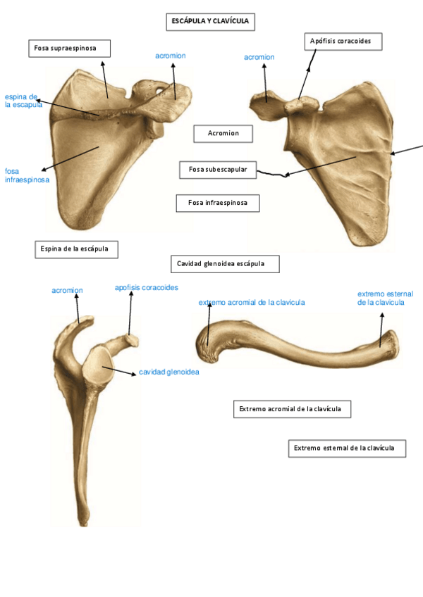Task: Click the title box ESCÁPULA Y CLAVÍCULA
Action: pyautogui.click(x=211, y=22)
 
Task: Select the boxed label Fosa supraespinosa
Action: pyautogui.click(x=70, y=48)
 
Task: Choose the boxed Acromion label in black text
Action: pyautogui.click(x=223, y=133)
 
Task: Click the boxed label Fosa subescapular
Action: pyautogui.click(x=218, y=170)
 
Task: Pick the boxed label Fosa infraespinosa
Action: pyautogui.click(x=217, y=203)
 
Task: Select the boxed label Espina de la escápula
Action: pyautogui.click(x=76, y=249)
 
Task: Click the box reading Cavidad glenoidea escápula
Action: pyautogui.click(x=225, y=264)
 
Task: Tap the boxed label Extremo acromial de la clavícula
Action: pyautogui.click(x=292, y=409)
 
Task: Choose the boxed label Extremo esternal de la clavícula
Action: pyautogui.click(x=347, y=448)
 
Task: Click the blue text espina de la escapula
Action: pyautogui.click(x=23, y=101)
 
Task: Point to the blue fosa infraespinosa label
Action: pyautogui.click(x=27, y=175)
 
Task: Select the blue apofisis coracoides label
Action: pyautogui.click(x=147, y=287)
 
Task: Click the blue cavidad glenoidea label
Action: pyautogui.click(x=168, y=372)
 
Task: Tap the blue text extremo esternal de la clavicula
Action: pyautogui.click(x=385, y=298)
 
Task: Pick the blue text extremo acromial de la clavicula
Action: pyautogui.click(x=252, y=302)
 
